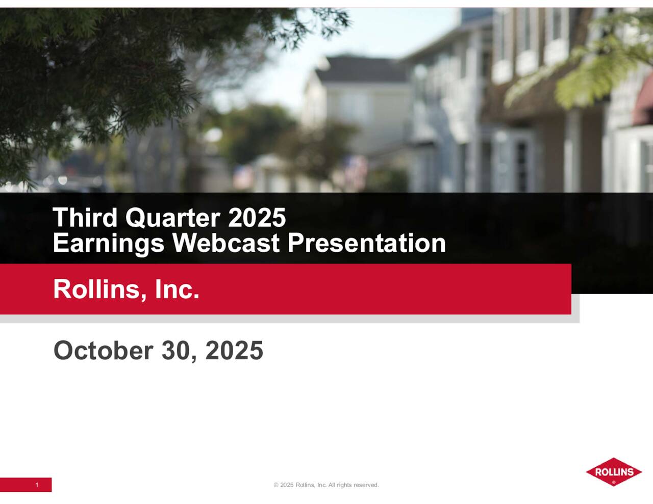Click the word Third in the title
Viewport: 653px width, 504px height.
85,218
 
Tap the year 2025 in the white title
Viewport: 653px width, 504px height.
257,218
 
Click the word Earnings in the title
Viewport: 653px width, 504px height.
108,243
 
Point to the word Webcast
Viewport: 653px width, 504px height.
225,243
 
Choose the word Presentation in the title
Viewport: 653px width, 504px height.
366,243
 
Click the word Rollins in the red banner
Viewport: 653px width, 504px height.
96,289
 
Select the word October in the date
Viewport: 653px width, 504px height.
103,351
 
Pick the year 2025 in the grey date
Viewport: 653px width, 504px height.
234,351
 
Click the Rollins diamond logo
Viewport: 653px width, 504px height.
614,471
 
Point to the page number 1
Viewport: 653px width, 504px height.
37,485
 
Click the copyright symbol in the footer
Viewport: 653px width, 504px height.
276,485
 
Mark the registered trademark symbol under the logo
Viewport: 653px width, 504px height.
614,482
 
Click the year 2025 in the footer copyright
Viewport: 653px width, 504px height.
287,485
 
